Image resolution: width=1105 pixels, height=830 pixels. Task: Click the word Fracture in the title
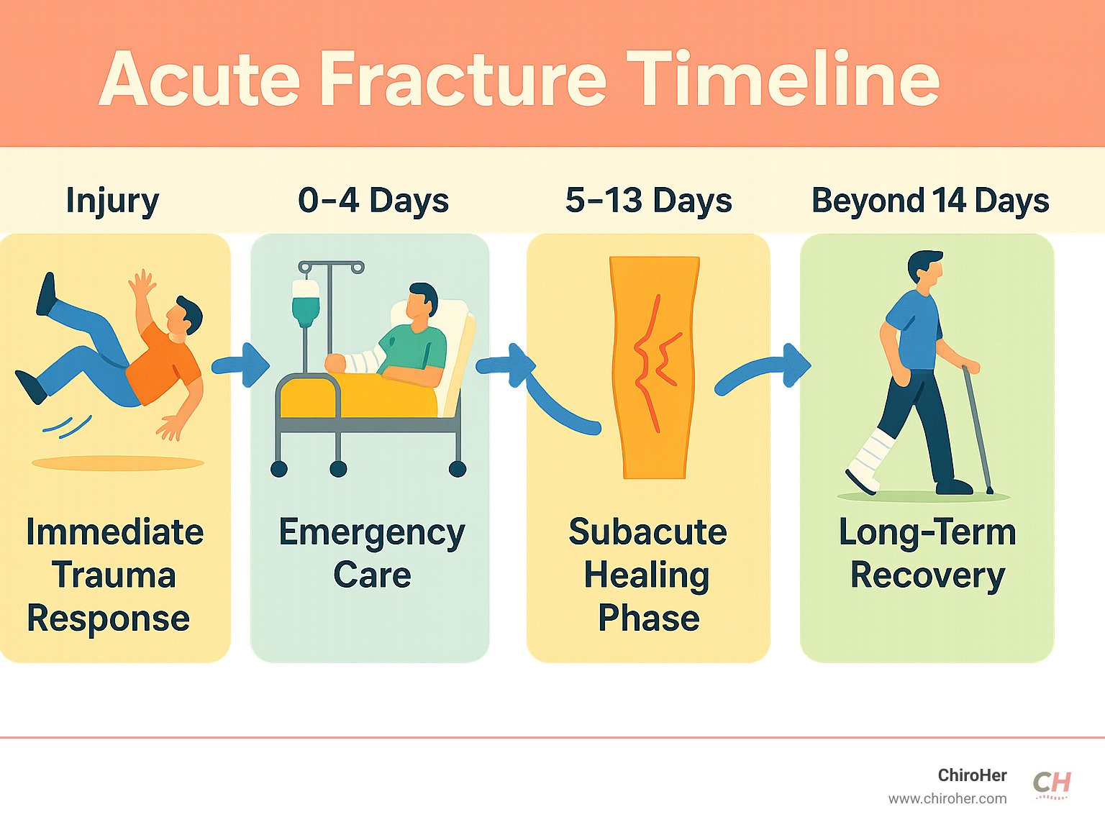pyautogui.click(x=463, y=78)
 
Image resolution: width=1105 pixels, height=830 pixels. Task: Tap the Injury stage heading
pyautogui.click(x=112, y=201)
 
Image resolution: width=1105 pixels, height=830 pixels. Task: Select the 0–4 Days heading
pyautogui.click(x=373, y=200)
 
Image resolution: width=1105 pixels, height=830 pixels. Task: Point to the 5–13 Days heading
pyautogui.click(x=648, y=200)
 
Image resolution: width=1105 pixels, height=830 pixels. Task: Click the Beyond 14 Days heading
pyautogui.click(x=930, y=201)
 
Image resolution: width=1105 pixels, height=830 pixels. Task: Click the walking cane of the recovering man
pyautogui.click(x=977, y=429)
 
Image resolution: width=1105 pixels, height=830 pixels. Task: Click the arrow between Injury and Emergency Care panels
pyautogui.click(x=240, y=365)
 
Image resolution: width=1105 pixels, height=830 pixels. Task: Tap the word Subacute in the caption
pyautogui.click(x=648, y=532)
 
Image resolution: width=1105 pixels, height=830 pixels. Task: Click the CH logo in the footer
pyautogui.click(x=1051, y=785)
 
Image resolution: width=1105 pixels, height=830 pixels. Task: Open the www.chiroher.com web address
pyautogui.click(x=947, y=799)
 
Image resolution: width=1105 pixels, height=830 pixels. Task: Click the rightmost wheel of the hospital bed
pyautogui.click(x=457, y=469)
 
